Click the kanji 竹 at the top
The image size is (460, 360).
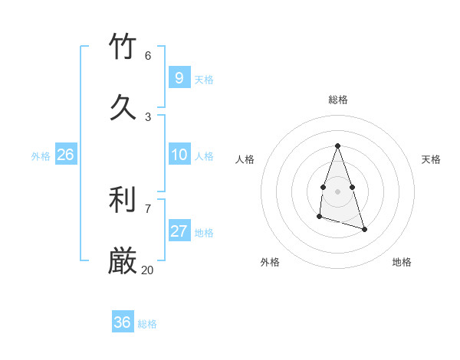123,47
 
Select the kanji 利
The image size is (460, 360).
123,200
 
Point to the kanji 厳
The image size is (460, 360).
123,261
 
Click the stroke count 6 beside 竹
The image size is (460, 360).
148,55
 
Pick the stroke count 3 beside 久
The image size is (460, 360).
148,116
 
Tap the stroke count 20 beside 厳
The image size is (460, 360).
148,270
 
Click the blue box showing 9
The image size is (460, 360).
179,77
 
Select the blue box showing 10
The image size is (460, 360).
179,155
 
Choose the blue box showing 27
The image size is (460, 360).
179,231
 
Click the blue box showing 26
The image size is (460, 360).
65,155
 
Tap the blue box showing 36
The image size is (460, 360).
122,322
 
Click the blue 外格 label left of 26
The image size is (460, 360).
41,156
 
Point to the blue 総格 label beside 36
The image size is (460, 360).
147,324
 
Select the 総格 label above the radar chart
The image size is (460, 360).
338,100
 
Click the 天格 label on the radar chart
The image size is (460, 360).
432,159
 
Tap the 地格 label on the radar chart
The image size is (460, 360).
402,262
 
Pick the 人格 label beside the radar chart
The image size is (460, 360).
245,159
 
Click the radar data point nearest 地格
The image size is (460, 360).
364,229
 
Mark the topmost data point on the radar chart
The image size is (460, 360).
337,146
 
